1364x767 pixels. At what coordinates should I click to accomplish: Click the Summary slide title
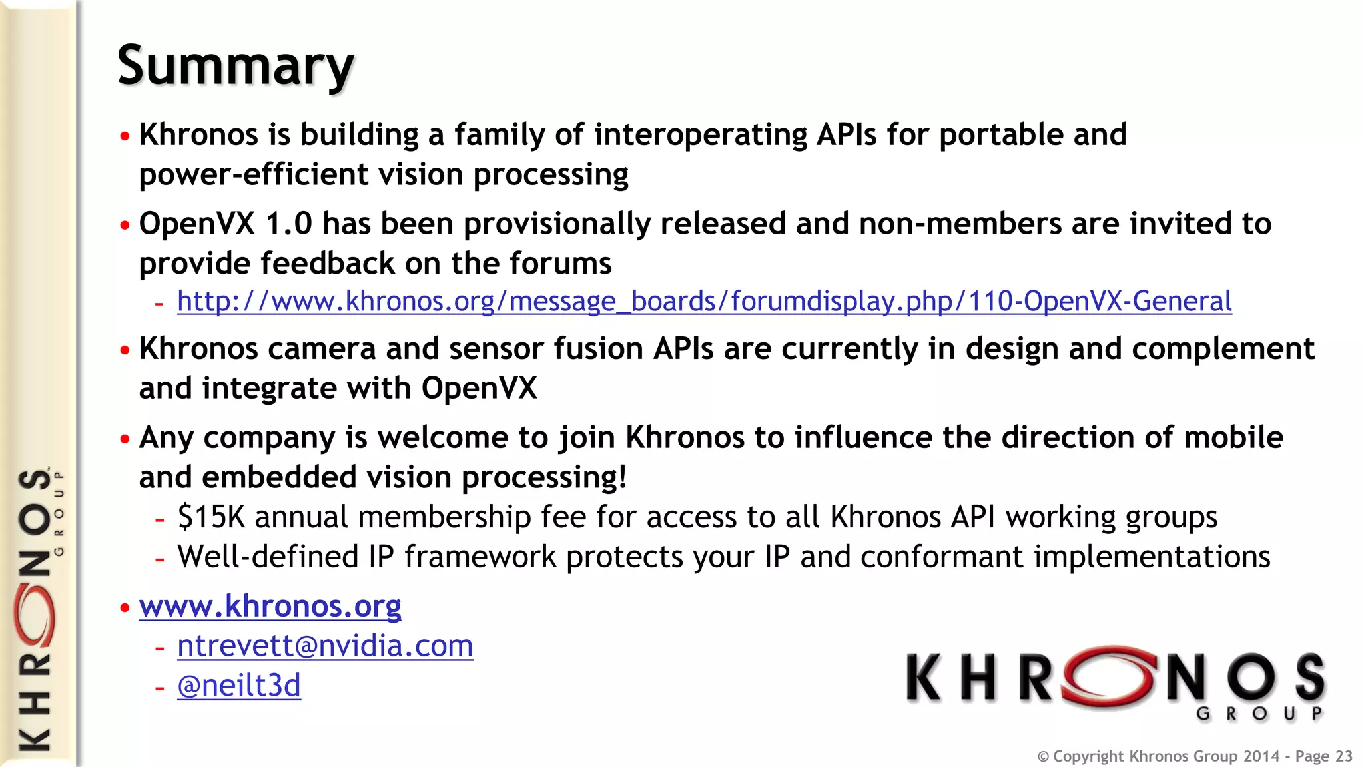(x=235, y=65)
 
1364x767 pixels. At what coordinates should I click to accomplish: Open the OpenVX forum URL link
(x=704, y=301)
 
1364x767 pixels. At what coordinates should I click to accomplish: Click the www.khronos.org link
(x=270, y=606)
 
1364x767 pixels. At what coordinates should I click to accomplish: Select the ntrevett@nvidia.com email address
(x=325, y=646)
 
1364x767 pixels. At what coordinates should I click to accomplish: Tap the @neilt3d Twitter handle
(x=238, y=686)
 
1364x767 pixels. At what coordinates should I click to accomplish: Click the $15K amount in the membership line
(x=211, y=517)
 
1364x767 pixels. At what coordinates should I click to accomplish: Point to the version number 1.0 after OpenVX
(x=288, y=224)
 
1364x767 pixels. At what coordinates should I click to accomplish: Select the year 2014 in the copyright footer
(x=1261, y=756)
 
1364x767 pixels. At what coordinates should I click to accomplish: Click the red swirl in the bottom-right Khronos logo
(x=1108, y=676)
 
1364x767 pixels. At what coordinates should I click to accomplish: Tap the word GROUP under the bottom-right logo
(x=1259, y=714)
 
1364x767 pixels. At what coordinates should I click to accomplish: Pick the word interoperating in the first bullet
(x=701, y=135)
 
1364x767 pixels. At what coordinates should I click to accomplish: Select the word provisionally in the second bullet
(x=557, y=224)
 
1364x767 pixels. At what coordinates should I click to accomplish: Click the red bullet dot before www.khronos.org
(x=125, y=607)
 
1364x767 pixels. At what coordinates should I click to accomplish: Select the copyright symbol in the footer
(x=1043, y=757)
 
